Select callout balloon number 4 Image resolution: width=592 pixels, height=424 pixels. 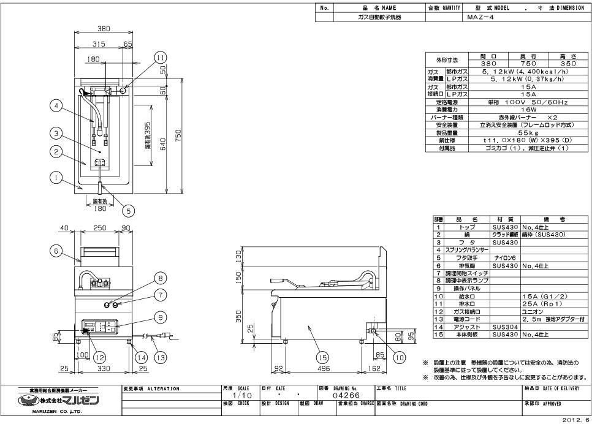click(x=56, y=106)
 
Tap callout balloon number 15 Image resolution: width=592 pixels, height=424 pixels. click(x=322, y=357)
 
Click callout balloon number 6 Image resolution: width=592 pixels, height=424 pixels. click(x=56, y=251)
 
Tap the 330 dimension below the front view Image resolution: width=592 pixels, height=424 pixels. click(x=103, y=369)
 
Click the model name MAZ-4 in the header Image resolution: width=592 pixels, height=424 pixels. click(x=480, y=17)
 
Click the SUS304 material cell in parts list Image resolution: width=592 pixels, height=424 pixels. click(x=504, y=328)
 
